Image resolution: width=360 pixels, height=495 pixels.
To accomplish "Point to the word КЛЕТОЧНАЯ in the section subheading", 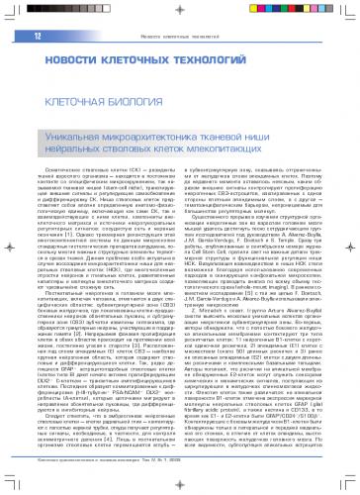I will point(80,101).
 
